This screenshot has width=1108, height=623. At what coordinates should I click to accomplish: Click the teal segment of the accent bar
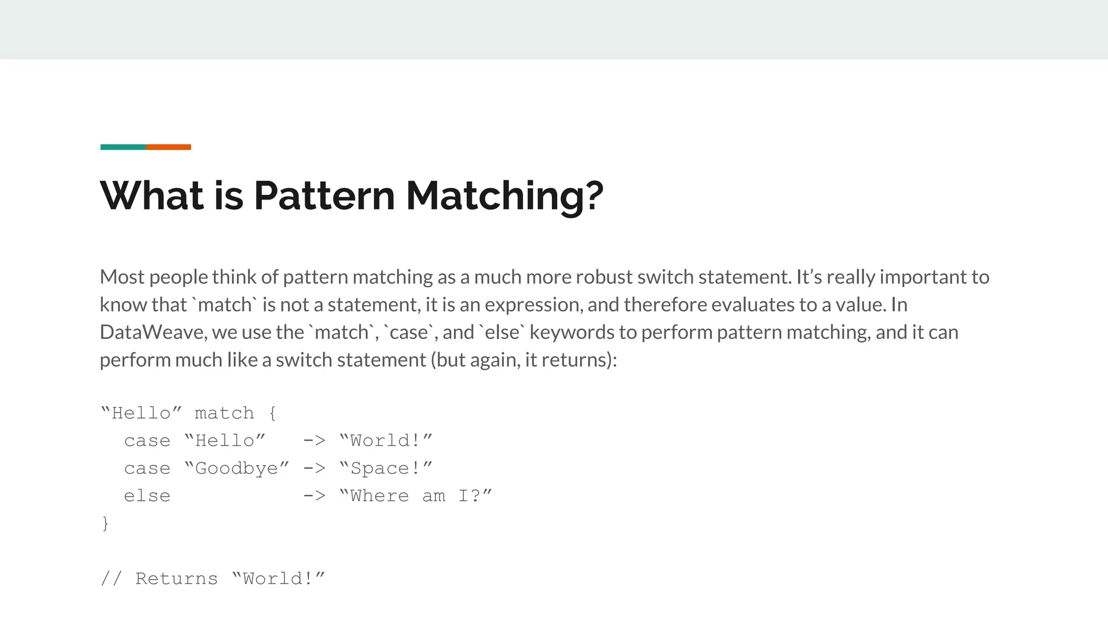pyautogui.click(x=123, y=147)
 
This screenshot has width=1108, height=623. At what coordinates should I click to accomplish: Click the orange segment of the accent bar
pyautogui.click(x=168, y=147)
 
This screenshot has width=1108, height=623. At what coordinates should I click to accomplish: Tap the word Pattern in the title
pyautogui.click(x=324, y=195)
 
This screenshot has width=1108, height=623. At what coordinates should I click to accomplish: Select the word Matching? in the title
pyautogui.click(x=504, y=195)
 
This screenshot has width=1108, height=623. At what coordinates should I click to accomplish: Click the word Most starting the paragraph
pyautogui.click(x=122, y=277)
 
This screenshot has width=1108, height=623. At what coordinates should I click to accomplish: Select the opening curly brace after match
pyautogui.click(x=272, y=414)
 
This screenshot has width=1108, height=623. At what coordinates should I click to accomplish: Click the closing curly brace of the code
pyautogui.click(x=105, y=523)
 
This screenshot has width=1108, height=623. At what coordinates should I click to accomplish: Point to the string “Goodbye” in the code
pyautogui.click(x=236, y=468)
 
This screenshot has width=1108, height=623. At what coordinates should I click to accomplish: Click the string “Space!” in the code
pyautogui.click(x=386, y=468)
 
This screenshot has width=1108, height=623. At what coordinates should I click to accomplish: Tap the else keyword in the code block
pyautogui.click(x=147, y=496)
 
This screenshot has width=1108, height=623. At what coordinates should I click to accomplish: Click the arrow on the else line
pyautogui.click(x=314, y=496)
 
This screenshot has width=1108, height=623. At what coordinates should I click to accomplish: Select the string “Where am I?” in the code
pyautogui.click(x=415, y=496)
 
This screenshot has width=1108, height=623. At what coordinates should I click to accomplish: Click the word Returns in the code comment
pyautogui.click(x=176, y=579)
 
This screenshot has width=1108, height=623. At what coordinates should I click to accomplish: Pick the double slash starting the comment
pyautogui.click(x=111, y=579)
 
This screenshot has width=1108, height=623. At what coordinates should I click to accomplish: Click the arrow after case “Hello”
pyautogui.click(x=314, y=441)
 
